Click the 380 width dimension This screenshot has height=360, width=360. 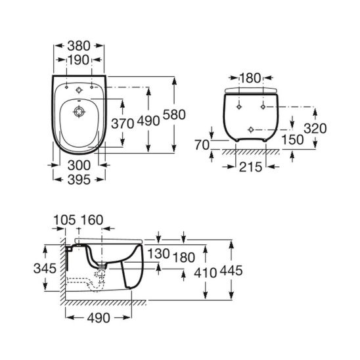point(79,47)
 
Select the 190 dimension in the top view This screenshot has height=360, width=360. point(79,60)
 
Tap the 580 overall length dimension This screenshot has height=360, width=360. point(174,114)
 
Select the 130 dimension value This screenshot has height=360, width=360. point(158,254)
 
